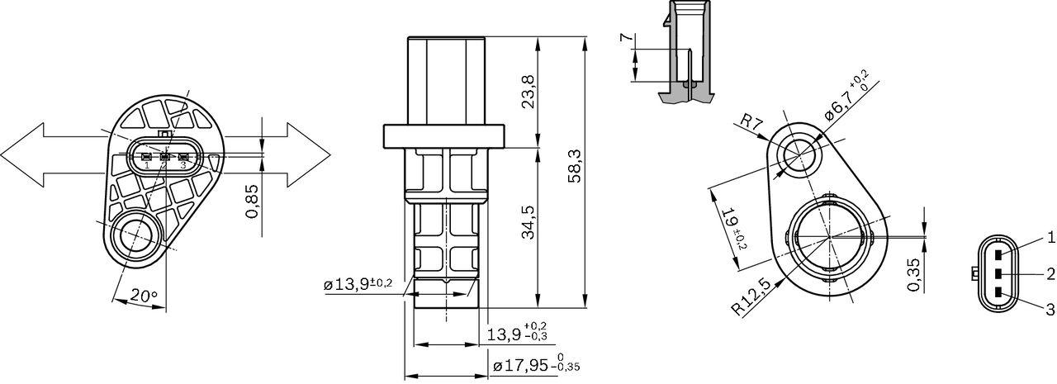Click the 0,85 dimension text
point(254,201)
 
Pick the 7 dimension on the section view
point(624,39)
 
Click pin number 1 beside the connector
point(1050,238)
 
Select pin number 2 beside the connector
point(1050,273)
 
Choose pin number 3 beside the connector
point(1050,310)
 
